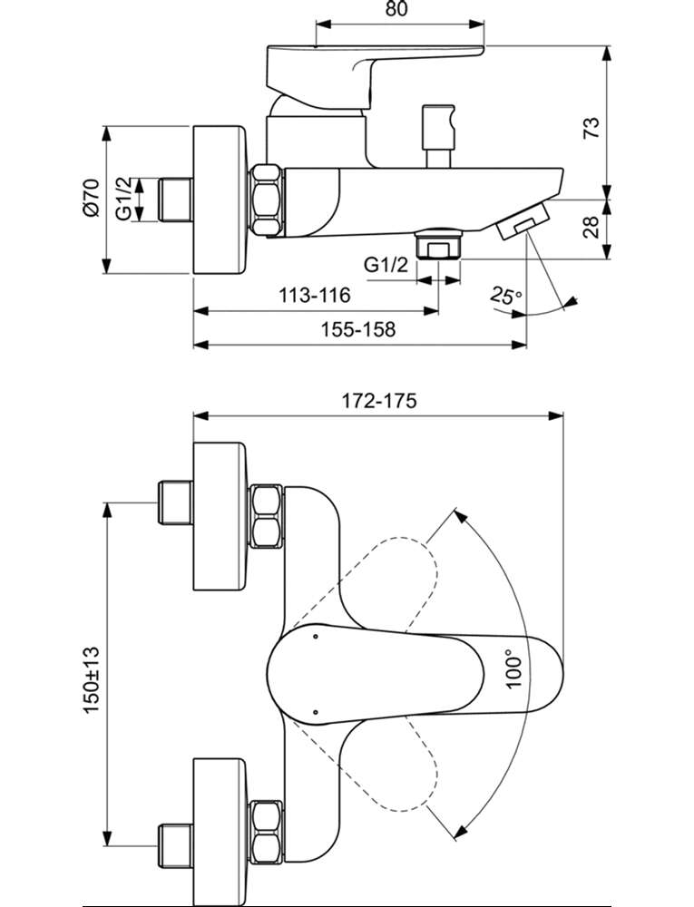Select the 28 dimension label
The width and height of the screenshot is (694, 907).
pos(591,229)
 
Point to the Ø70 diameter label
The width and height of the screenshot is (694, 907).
pos(92,198)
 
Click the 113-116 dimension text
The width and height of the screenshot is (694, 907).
pos(315,295)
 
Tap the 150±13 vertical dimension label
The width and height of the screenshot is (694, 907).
pos(92,679)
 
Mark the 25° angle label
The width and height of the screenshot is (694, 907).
pos(505,296)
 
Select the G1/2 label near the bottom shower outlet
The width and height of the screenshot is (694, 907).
pos(386,265)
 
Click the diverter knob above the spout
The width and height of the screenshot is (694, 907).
pos(438,137)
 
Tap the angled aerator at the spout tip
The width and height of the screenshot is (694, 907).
pos(523,220)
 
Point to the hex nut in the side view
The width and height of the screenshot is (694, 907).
pos(269,200)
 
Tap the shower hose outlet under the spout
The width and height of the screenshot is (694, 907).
pos(439,244)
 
